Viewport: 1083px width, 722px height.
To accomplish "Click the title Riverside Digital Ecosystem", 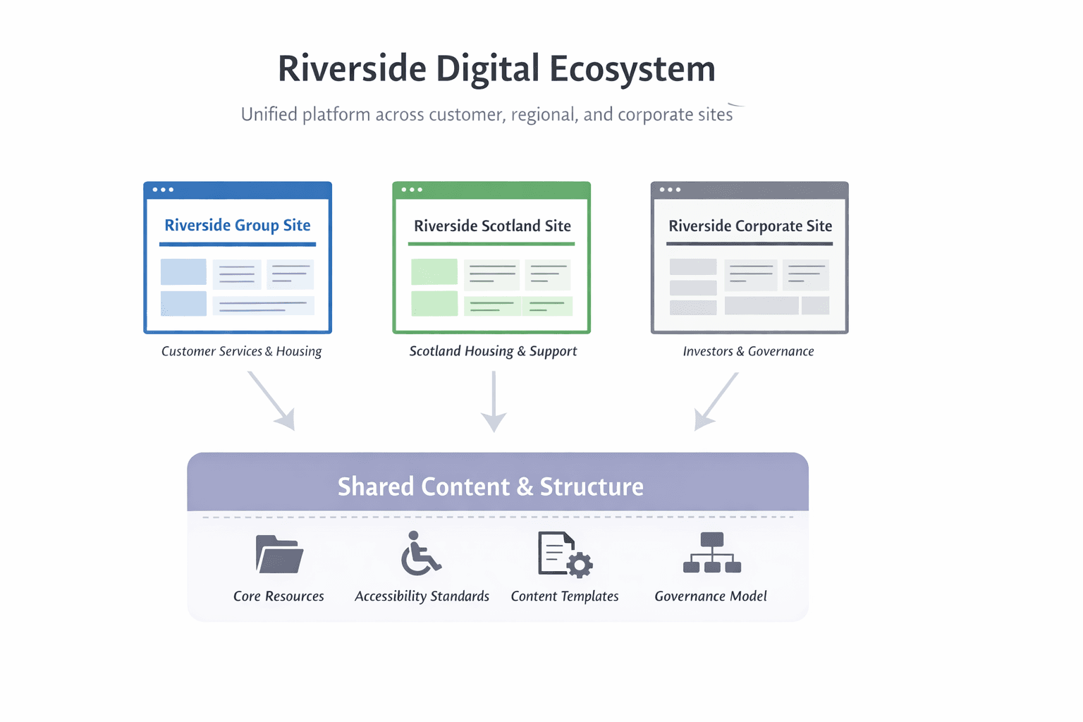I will tap(496, 69).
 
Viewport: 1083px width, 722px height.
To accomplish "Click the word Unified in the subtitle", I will tap(270, 114).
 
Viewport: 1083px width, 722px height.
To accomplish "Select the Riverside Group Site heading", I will tap(238, 225).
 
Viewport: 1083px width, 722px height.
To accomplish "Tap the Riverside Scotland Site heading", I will tap(492, 226).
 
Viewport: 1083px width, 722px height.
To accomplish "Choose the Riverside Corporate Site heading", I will tap(750, 226).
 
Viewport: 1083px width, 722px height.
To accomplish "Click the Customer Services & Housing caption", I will tap(241, 351).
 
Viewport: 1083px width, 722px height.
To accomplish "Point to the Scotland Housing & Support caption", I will tap(493, 351).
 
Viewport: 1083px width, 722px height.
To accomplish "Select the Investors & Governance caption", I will tap(748, 351).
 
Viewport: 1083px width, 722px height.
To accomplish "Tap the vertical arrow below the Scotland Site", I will tap(494, 402).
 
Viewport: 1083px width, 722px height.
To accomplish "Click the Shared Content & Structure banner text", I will tap(491, 487).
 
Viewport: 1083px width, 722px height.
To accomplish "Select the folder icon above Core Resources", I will tap(279, 554).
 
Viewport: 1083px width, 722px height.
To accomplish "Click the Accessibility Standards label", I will tap(422, 596).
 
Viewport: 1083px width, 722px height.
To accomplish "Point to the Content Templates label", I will tap(565, 596).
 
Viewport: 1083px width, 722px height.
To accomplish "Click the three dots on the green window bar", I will tap(412, 190).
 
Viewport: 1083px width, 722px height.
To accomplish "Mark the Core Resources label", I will tap(279, 596).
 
